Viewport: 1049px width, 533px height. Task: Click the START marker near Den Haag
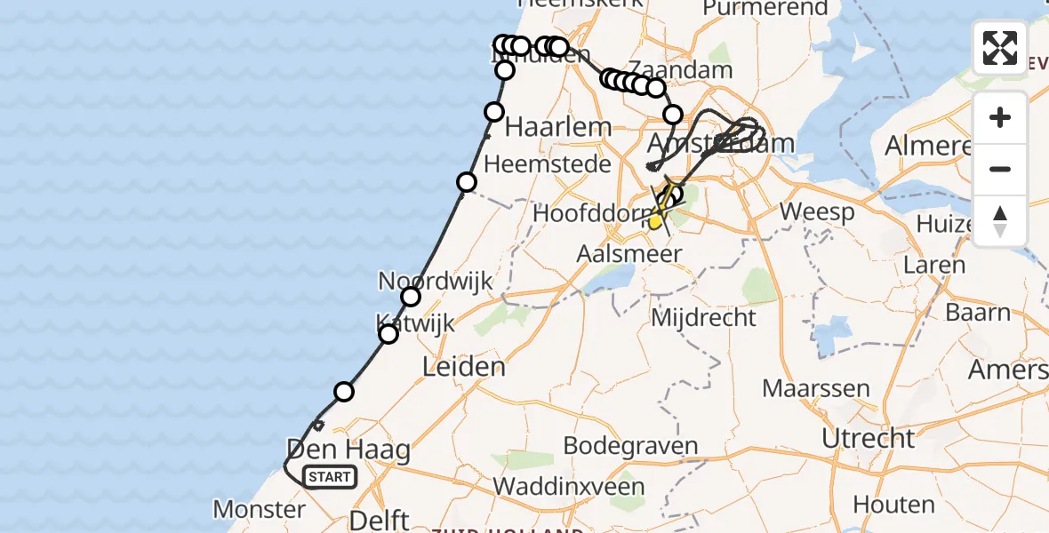click(330, 477)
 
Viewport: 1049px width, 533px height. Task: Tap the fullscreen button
click(1000, 48)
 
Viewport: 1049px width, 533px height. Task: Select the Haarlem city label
click(558, 127)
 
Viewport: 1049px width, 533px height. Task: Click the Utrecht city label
click(868, 438)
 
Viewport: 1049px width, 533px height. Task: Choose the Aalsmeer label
click(629, 254)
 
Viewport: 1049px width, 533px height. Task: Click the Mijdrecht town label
click(704, 317)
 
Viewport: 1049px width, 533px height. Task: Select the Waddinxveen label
click(569, 487)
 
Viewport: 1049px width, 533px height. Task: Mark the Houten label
click(893, 504)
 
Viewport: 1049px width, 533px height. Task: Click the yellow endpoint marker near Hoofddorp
click(656, 221)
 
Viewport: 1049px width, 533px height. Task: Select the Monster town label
click(260, 509)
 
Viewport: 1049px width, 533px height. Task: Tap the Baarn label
click(977, 313)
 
